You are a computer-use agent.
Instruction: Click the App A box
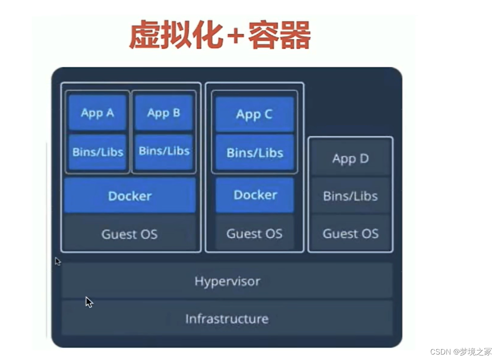[97, 112]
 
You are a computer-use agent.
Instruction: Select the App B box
[164, 112]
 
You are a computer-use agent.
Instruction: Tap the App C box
[254, 114]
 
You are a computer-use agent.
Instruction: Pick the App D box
[350, 158]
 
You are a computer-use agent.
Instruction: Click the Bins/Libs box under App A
[97, 152]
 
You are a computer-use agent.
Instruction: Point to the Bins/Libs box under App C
[254, 152]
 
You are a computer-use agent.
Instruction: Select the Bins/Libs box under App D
[350, 196]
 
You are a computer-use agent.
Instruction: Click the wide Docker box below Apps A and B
[130, 196]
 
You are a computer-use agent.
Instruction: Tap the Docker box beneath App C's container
[255, 195]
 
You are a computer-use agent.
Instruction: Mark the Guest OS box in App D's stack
[350, 233]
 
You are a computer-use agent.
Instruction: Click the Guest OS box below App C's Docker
[254, 233]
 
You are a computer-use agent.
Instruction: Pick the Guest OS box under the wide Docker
[129, 234]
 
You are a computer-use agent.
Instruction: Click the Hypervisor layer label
[227, 281]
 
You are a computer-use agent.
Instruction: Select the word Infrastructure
[227, 319]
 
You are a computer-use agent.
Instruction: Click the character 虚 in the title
[144, 34]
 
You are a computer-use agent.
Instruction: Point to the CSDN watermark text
[461, 351]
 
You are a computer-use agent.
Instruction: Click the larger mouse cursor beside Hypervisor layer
[89, 302]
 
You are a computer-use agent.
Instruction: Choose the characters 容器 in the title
[279, 34]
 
